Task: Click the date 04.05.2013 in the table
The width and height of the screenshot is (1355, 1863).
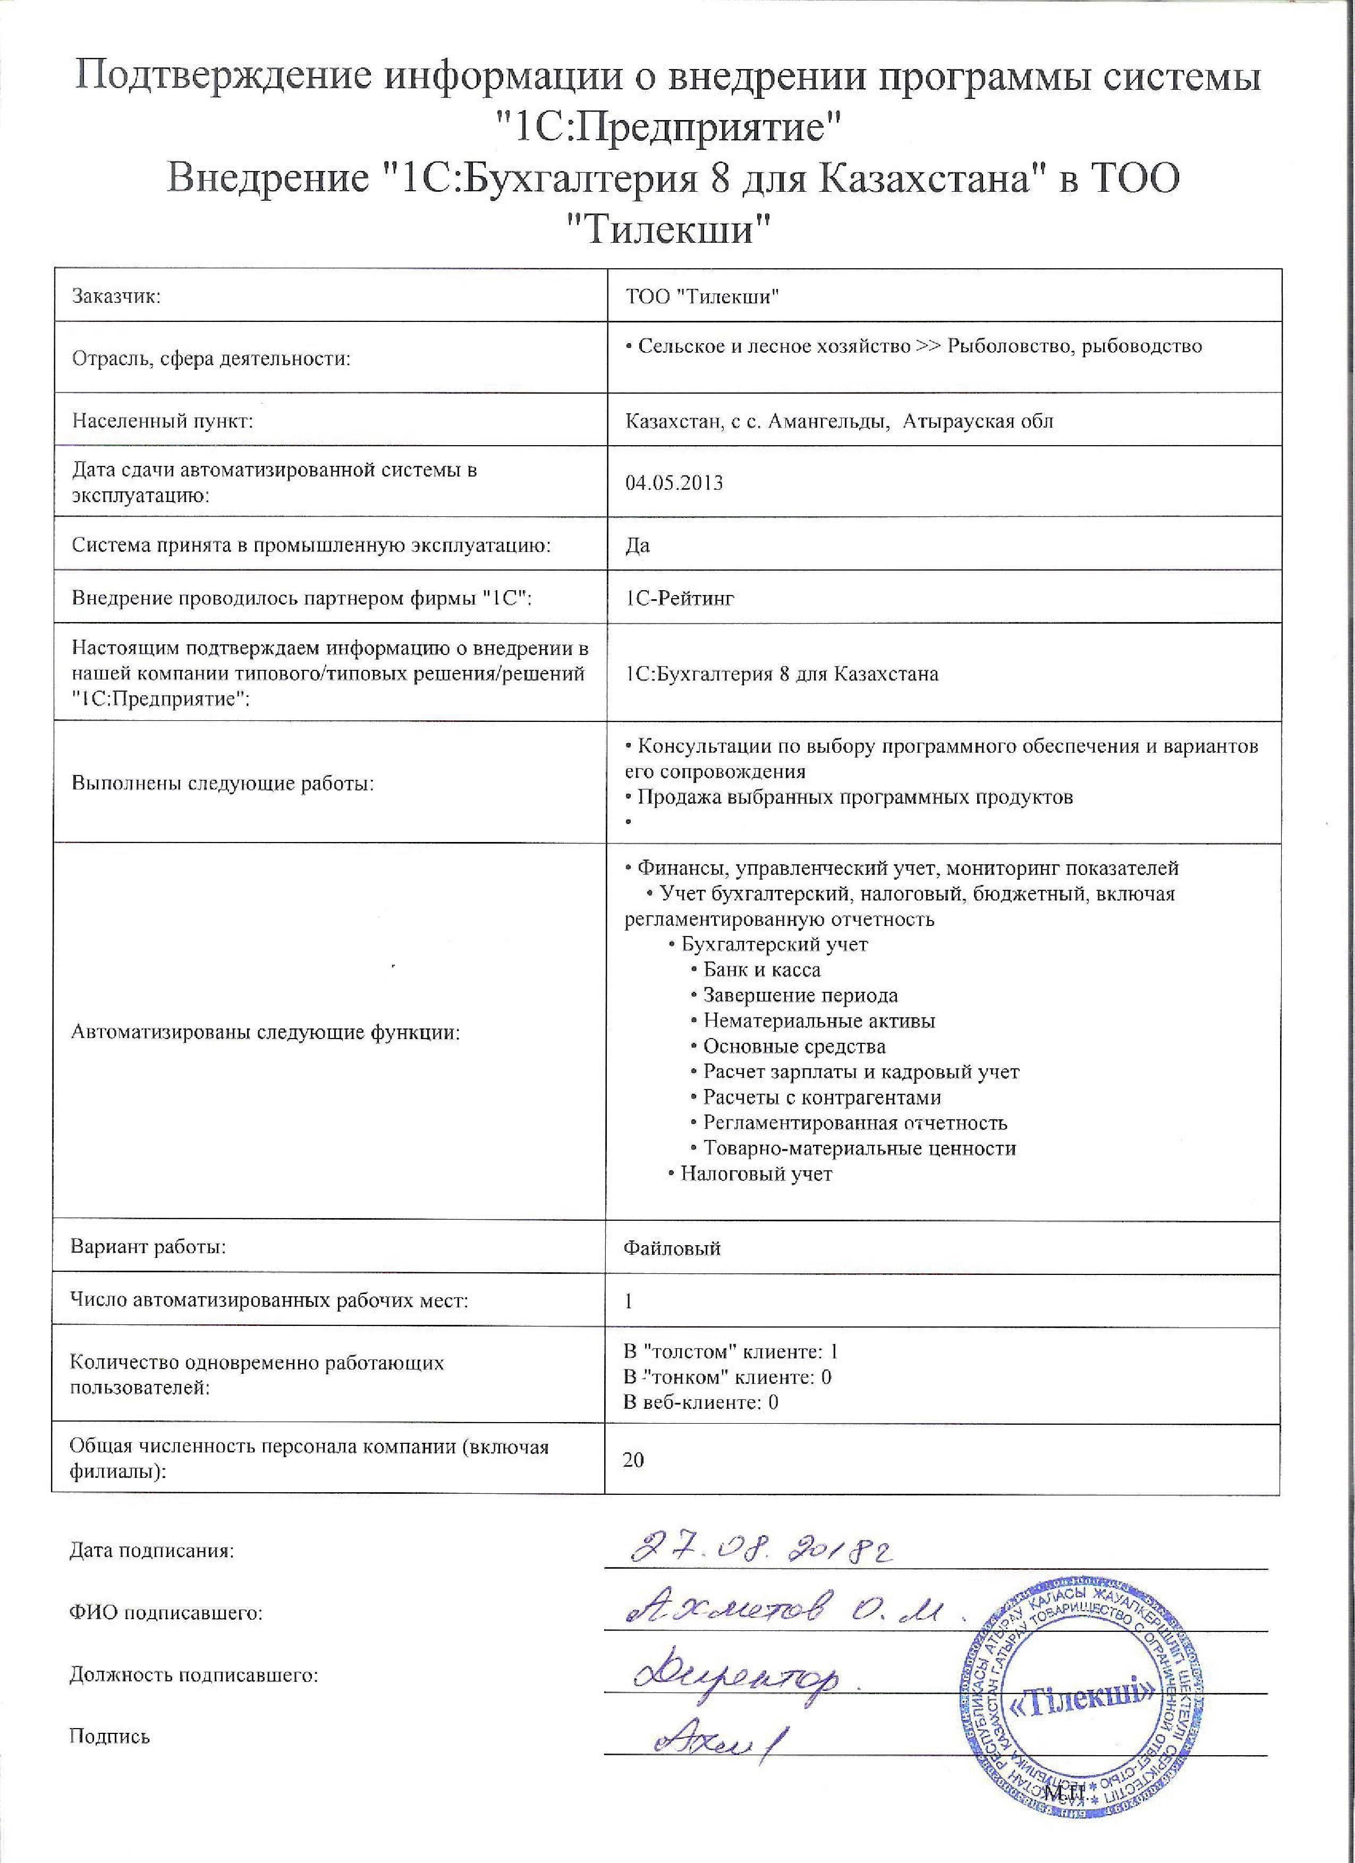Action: pos(674,483)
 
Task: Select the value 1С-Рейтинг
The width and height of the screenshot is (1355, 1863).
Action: pos(680,598)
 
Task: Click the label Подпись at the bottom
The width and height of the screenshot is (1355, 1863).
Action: pos(109,1737)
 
